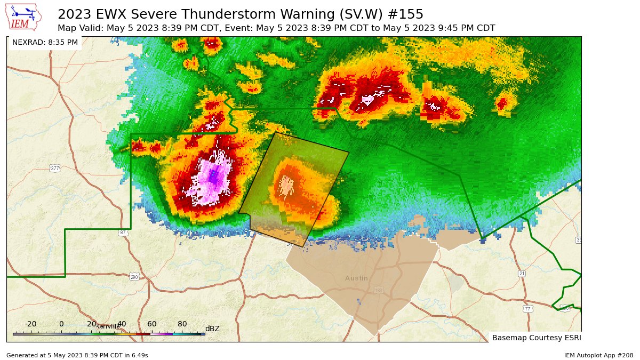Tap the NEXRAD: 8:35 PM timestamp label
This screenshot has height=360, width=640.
(45, 42)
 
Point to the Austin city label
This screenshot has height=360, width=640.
(356, 278)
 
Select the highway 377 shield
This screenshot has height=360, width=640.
(55, 169)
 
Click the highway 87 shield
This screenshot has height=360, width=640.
(123, 233)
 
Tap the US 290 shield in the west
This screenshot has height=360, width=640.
(134, 277)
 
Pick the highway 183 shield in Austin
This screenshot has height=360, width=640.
(379, 290)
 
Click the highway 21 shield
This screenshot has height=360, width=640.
(522, 274)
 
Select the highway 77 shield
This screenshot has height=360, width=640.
(527, 309)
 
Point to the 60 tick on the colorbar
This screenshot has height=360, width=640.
(152, 324)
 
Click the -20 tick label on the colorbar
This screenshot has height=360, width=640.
(31, 324)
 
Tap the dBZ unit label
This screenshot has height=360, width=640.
(212, 329)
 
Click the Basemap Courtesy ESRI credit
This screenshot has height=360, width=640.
(535, 338)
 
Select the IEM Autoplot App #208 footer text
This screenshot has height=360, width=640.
(598, 355)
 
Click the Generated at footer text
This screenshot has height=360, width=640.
(77, 355)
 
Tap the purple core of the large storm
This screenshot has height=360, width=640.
(213, 176)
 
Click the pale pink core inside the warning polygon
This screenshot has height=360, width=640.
(287, 185)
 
